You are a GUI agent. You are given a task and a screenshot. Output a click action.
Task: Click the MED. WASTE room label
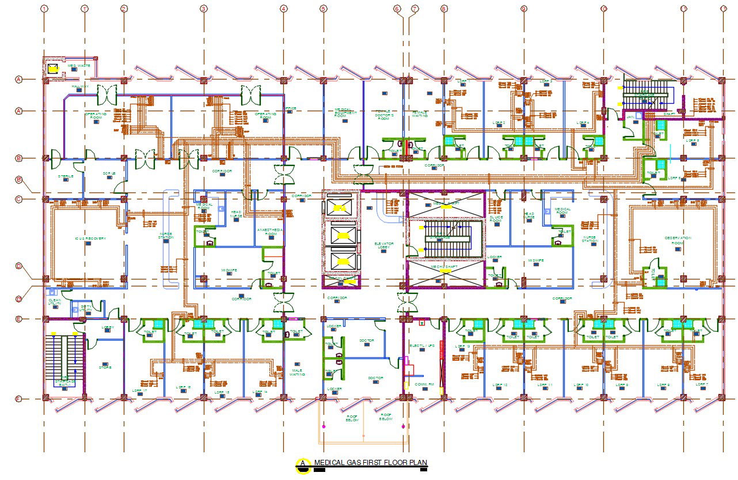[79, 66]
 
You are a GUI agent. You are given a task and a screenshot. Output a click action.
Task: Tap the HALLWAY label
[80, 87]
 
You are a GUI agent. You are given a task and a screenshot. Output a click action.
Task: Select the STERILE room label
[65, 176]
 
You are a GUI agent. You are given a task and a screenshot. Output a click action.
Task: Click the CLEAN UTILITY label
[55, 302]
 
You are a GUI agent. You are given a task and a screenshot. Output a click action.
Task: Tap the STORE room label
[105, 367]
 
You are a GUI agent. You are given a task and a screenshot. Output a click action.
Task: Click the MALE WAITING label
[297, 373]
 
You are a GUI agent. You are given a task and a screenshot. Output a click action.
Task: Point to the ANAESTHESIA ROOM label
[270, 231]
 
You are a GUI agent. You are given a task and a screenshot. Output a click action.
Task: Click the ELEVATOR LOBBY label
[383, 245]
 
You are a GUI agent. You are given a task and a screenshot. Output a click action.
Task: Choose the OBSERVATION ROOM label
[678, 240]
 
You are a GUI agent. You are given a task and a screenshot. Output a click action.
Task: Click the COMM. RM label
[420, 384]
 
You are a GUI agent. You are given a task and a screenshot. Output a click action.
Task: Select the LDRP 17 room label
[140, 391]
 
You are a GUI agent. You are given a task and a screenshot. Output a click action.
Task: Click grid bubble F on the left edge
[18, 398]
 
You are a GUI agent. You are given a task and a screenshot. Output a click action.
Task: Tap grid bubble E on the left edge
[18, 319]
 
